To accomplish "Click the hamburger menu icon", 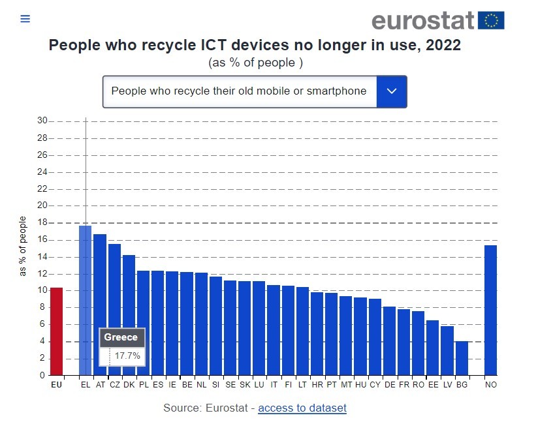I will click(x=25, y=19).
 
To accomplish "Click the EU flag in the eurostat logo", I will click(x=491, y=21).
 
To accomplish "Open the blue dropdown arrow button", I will click(x=392, y=91).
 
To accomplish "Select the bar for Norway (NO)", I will click(x=491, y=310).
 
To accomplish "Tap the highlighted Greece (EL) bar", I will click(x=85, y=274).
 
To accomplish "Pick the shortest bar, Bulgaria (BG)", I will click(x=462, y=358).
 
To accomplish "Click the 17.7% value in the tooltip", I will click(x=127, y=356).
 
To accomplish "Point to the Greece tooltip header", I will click(x=121, y=337).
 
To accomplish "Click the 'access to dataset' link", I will click(x=302, y=408).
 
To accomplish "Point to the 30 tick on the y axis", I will click(x=42, y=121).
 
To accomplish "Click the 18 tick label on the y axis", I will click(x=42, y=223).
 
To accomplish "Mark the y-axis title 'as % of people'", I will click(x=23, y=246).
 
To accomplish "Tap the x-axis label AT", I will click(x=100, y=386).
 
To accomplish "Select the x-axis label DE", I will click(x=389, y=386).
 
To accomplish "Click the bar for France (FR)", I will click(x=403, y=342).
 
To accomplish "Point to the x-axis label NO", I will click(x=491, y=386).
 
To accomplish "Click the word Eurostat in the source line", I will click(x=226, y=408).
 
